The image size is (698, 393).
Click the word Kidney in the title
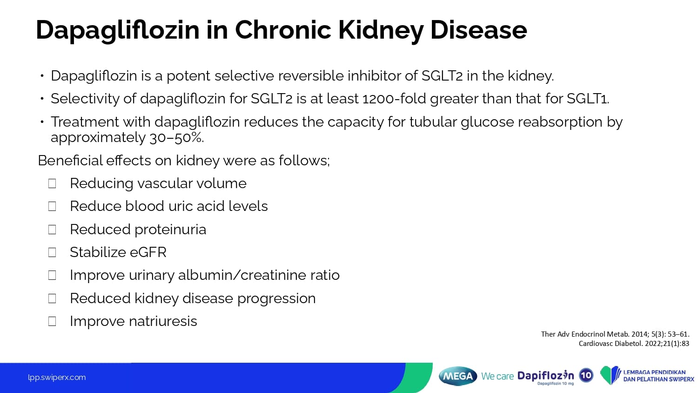(x=381, y=31)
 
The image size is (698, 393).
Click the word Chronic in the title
(x=283, y=30)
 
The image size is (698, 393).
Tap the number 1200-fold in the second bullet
(x=394, y=99)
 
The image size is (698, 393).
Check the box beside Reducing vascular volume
(x=52, y=183)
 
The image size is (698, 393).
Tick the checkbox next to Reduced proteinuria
(x=52, y=230)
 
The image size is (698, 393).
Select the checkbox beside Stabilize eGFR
(x=52, y=252)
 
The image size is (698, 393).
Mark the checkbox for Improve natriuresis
(x=52, y=321)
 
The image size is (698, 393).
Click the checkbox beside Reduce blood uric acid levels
(x=52, y=206)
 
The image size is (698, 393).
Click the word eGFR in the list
(x=148, y=252)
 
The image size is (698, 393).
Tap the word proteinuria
(x=170, y=230)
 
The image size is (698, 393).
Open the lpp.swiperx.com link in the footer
(x=57, y=378)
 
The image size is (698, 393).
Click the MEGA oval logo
(x=458, y=376)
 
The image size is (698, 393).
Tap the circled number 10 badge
(x=586, y=375)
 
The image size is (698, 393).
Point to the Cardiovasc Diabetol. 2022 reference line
(x=634, y=344)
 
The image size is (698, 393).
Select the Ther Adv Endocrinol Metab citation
(x=615, y=334)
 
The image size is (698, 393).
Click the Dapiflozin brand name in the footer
(x=546, y=375)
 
